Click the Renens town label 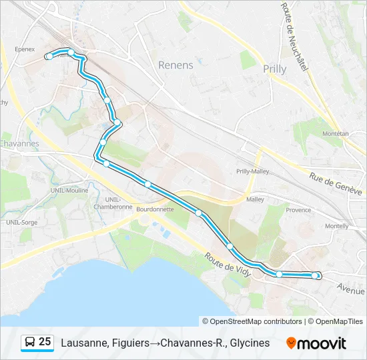point(176,65)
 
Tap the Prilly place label point(274,69)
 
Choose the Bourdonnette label point(155,209)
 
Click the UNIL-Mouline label point(69,191)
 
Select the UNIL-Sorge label point(22,222)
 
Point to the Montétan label point(335,133)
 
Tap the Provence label point(298,210)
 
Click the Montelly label point(336,226)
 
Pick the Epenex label point(24,49)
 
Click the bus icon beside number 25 point(30,343)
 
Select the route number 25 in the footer point(45,342)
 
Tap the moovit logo point(316,343)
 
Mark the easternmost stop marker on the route point(316,275)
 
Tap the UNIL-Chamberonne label point(118,203)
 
